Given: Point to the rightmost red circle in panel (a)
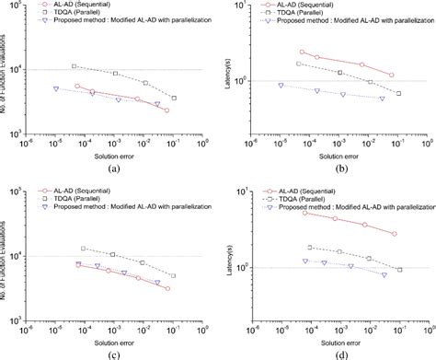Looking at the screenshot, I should tap(166, 110).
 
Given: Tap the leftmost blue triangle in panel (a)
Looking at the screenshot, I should tap(56, 89).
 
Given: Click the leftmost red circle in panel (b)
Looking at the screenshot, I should tap(302, 52).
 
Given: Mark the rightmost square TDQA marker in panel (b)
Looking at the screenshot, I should tap(398, 93).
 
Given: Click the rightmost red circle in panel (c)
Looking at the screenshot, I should tap(166, 289).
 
